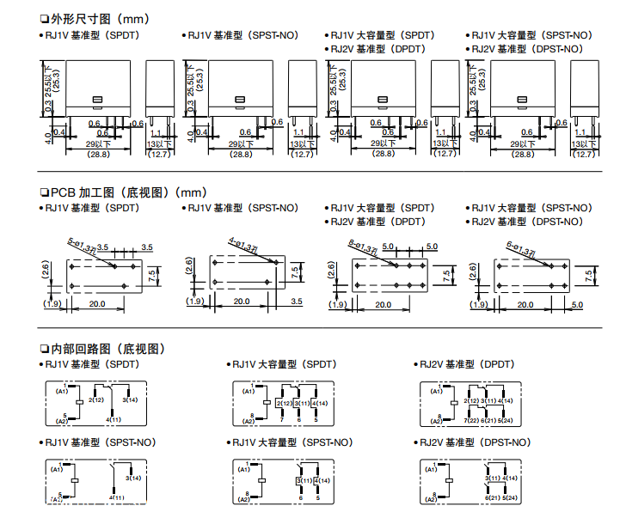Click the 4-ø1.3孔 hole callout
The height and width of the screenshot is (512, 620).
243,244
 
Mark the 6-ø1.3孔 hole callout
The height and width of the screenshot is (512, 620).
511,247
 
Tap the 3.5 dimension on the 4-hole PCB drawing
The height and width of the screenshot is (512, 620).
297,302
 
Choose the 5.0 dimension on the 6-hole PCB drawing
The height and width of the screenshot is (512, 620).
576,304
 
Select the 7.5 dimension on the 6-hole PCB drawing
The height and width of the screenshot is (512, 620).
589,274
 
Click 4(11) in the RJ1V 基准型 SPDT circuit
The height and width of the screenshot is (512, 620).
114,419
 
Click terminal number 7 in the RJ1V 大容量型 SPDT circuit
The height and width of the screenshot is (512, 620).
281,419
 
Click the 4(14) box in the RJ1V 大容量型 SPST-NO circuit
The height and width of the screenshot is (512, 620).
319,478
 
